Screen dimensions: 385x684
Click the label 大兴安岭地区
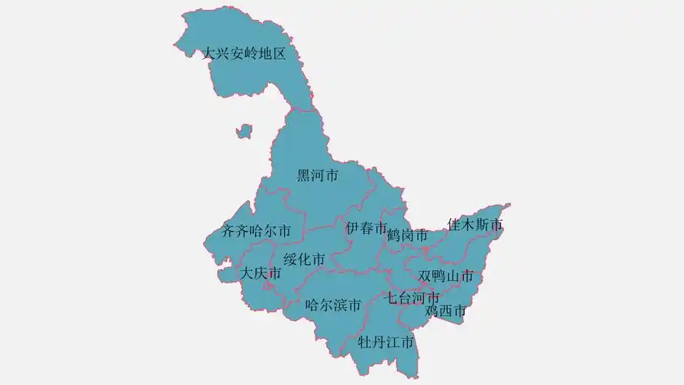click(x=244, y=55)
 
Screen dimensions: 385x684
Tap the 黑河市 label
click(x=318, y=176)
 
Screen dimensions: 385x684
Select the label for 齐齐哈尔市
click(x=256, y=230)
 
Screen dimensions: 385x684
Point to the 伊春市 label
click(x=366, y=228)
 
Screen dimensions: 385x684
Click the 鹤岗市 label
click(x=407, y=236)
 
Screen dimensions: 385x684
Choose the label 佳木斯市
click(x=475, y=225)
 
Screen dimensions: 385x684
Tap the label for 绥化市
click(x=304, y=259)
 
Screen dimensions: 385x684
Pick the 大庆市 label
click(x=260, y=273)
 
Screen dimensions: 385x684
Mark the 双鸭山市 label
click(x=445, y=276)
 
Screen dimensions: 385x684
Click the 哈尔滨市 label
click(x=333, y=305)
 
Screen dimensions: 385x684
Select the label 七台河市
click(x=413, y=297)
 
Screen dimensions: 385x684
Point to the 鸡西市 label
click(x=445, y=311)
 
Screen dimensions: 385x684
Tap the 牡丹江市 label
click(x=386, y=341)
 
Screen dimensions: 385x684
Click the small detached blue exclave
click(x=244, y=131)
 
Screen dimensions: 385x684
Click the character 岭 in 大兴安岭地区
click(x=251, y=55)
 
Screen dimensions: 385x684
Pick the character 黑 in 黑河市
click(x=305, y=176)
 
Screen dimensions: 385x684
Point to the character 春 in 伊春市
click(x=366, y=228)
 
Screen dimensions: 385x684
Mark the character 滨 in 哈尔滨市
click(x=340, y=305)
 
